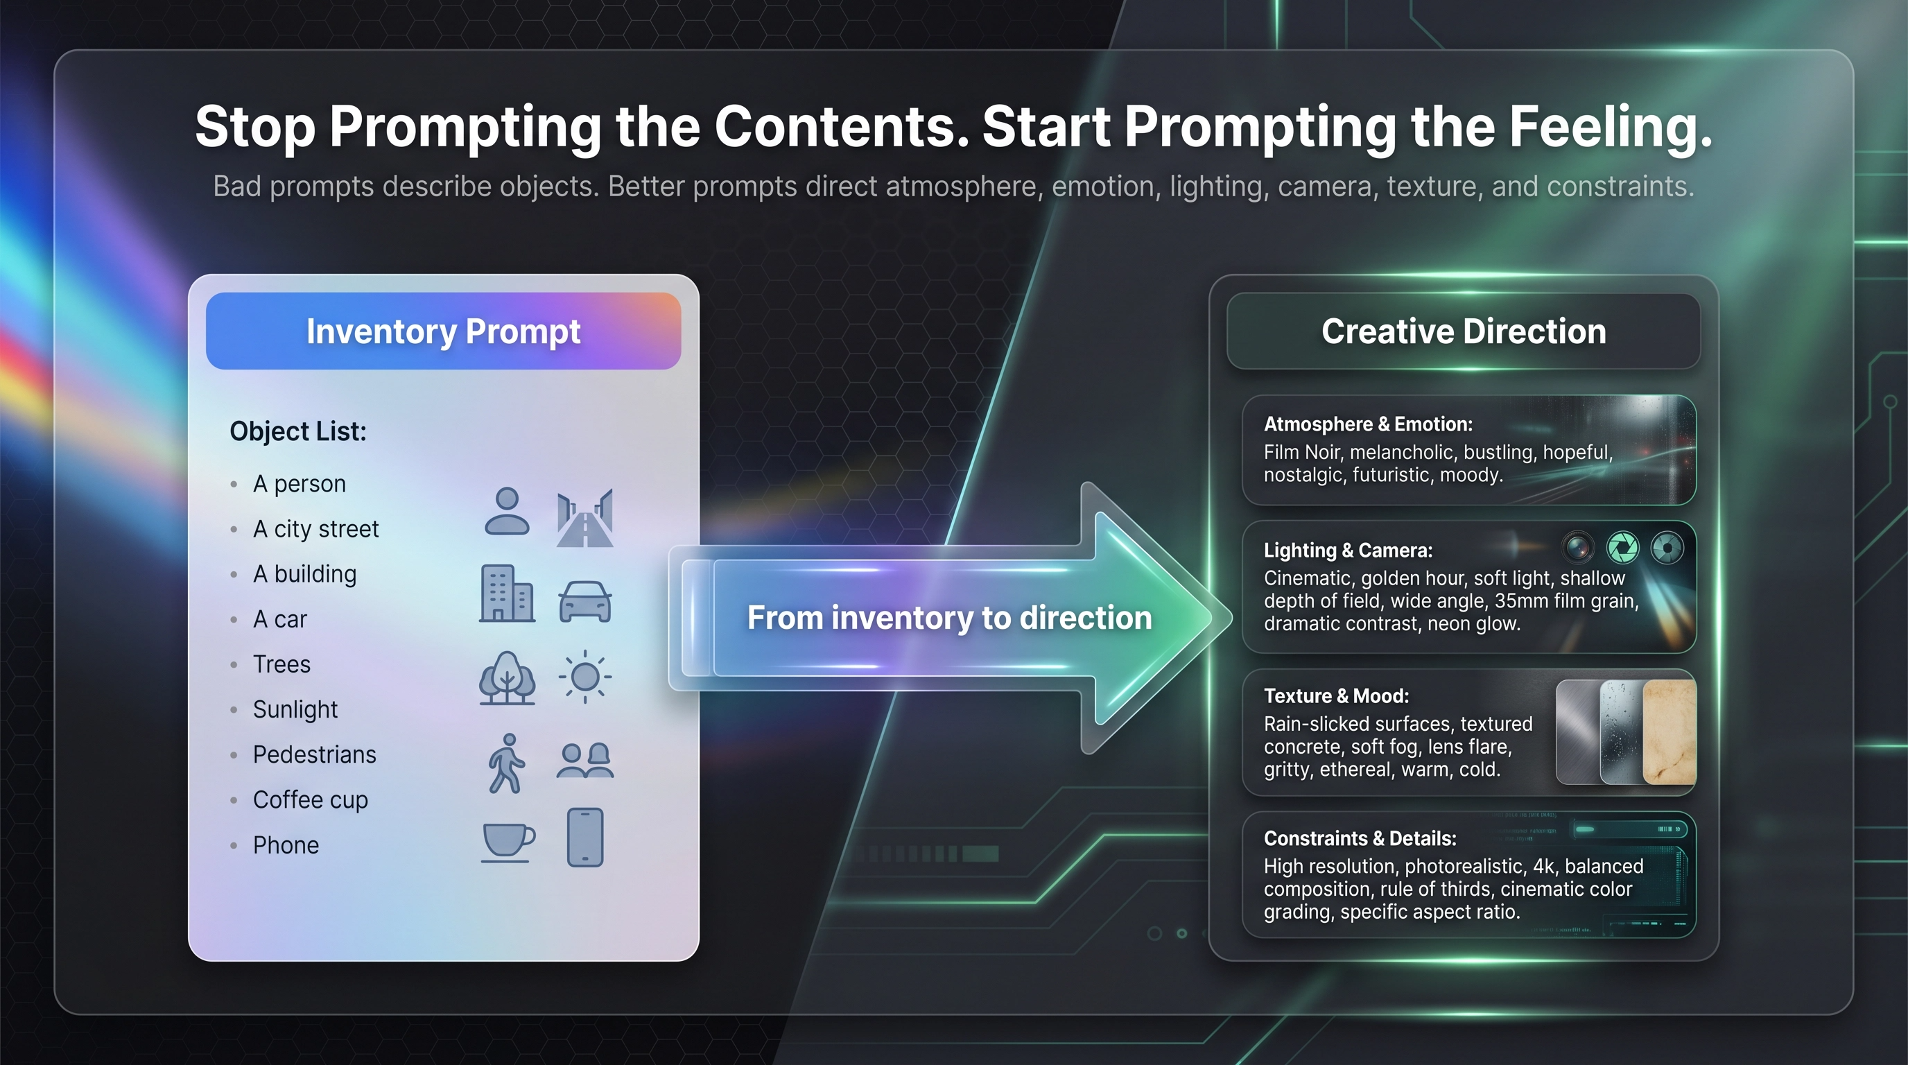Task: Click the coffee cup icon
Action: point(508,842)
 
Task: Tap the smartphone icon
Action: point(585,838)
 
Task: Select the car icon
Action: point(585,600)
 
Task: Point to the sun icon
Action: point(585,676)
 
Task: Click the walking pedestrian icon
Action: point(507,763)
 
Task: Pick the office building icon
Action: point(508,594)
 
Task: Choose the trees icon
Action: point(508,677)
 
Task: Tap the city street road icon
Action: point(585,518)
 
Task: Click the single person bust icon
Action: point(508,511)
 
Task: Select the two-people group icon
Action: point(585,761)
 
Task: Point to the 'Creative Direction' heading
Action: point(1464,331)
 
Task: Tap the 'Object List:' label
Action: point(297,431)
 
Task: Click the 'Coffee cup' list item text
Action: point(311,801)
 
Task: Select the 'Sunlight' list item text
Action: point(295,709)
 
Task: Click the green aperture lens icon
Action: point(1623,548)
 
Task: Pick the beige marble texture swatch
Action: point(1669,731)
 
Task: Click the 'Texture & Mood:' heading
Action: point(1336,696)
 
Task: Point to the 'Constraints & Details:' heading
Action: point(1360,838)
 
